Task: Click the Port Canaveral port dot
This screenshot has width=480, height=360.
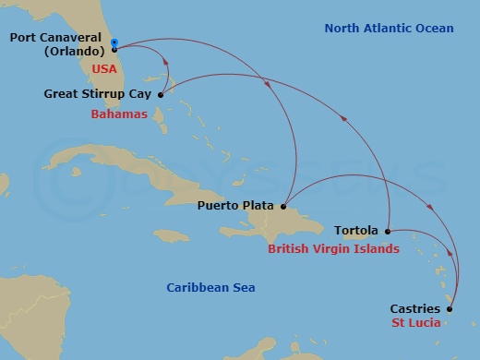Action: pyautogui.click(x=114, y=49)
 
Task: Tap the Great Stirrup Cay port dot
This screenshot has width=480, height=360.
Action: pyautogui.click(x=161, y=94)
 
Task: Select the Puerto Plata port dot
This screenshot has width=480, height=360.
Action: pyautogui.click(x=284, y=207)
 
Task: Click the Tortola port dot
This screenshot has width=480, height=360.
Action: pyautogui.click(x=388, y=231)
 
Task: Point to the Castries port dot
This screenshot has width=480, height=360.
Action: pyautogui.click(x=450, y=308)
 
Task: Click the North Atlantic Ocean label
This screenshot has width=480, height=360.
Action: pyautogui.click(x=389, y=29)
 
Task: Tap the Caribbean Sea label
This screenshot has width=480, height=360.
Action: pyautogui.click(x=210, y=288)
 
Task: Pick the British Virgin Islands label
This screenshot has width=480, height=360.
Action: pyautogui.click(x=333, y=249)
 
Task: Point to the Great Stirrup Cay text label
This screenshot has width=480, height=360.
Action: pyautogui.click(x=98, y=94)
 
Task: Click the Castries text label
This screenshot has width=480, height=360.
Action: pyautogui.click(x=415, y=308)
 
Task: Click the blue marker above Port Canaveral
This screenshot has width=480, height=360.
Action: pyautogui.click(x=114, y=42)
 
